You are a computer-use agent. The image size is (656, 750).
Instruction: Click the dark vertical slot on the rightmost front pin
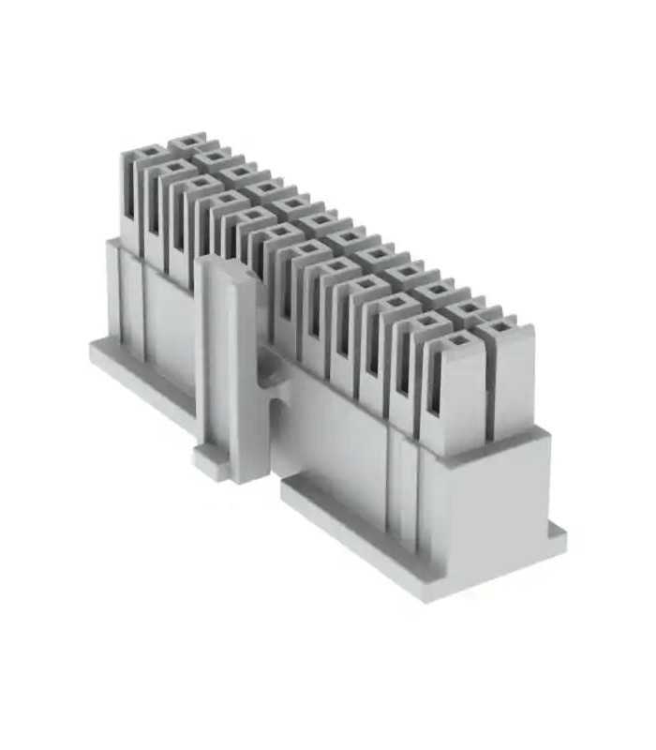tap(434, 394)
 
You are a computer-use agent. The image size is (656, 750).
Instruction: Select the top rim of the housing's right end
tap(506, 443)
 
